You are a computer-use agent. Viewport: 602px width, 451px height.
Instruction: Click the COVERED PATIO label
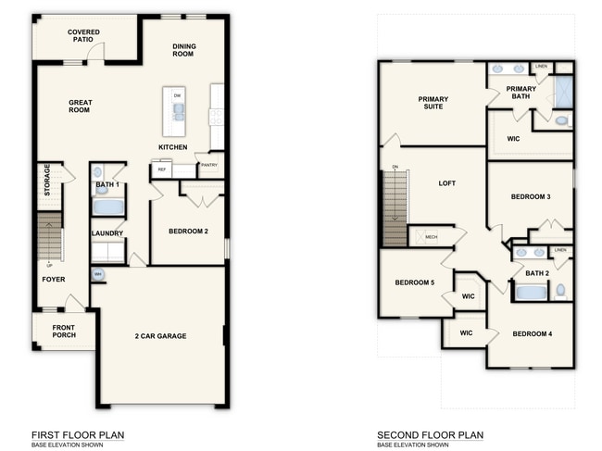tap(83, 36)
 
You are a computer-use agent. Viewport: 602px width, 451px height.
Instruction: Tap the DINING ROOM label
tap(182, 50)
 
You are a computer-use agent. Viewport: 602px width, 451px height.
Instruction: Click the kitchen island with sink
tap(173, 111)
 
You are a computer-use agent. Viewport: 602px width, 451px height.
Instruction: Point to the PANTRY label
tap(209, 166)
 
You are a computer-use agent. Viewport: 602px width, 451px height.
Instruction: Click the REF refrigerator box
tap(161, 170)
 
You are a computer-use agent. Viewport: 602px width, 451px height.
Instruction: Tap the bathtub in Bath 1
tap(107, 207)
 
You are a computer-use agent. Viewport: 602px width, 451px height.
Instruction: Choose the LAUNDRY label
tap(107, 233)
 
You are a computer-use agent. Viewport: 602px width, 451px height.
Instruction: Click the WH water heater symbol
tap(97, 274)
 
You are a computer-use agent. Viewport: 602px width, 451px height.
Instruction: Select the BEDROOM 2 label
tap(188, 231)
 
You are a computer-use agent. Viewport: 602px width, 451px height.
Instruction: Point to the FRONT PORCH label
tap(64, 330)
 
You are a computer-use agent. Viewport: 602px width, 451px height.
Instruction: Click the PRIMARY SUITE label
tap(433, 103)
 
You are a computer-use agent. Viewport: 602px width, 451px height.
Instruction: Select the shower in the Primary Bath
tap(563, 92)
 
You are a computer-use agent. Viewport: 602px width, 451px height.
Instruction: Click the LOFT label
tap(446, 183)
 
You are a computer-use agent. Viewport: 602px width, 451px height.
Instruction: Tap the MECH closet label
tap(431, 237)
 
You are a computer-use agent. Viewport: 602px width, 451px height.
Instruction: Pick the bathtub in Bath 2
tap(531, 293)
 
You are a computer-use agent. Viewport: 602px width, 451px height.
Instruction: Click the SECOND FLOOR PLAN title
tap(430, 435)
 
